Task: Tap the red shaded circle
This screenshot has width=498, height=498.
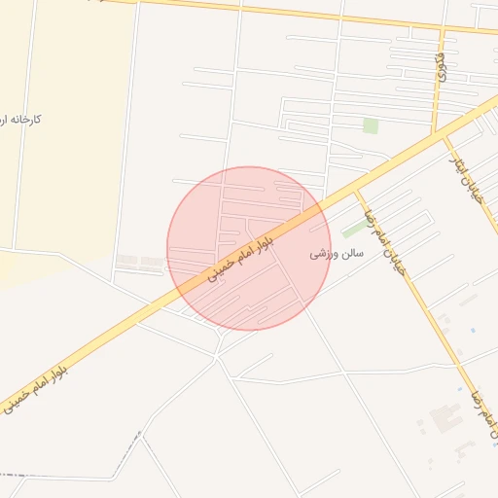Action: (x=249, y=248)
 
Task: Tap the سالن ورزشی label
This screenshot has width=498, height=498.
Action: (x=337, y=253)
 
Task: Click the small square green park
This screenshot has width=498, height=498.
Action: (x=370, y=125)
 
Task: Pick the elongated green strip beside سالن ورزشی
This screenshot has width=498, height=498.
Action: (x=355, y=229)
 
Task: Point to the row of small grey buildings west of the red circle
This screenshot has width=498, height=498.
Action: (x=140, y=261)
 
